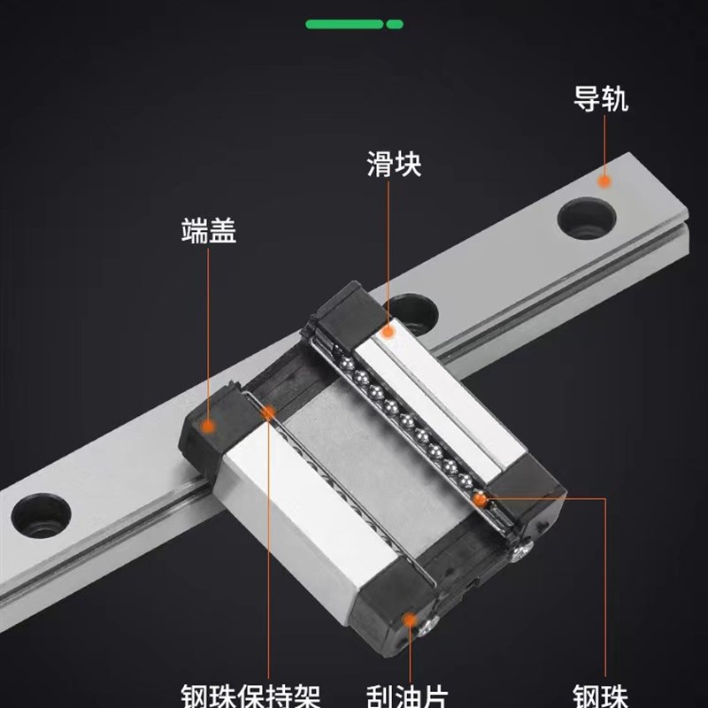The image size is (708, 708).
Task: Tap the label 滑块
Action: tap(394, 164)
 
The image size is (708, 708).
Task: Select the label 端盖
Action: tap(209, 232)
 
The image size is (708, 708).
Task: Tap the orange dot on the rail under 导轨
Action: tap(604, 181)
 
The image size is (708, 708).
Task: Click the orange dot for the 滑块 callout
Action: tap(387, 331)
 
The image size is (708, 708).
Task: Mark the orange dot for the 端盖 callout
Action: tap(209, 427)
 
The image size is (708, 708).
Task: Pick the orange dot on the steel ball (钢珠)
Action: tap(480, 500)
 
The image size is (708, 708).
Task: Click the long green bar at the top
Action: tap(344, 24)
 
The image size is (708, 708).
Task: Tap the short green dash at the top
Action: tap(395, 24)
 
